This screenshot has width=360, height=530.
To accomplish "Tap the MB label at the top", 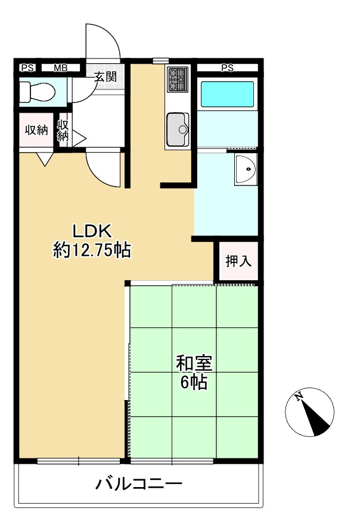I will (60, 68).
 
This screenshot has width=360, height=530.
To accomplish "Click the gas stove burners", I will (178, 80).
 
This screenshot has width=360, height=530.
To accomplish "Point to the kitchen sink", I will (178, 128).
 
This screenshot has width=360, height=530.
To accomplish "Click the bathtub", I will (227, 94).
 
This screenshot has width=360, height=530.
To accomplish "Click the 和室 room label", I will (194, 362).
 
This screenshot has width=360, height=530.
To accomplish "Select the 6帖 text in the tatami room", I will (194, 382).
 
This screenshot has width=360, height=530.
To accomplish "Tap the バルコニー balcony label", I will (139, 483).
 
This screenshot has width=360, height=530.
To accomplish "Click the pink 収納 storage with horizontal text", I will (36, 131).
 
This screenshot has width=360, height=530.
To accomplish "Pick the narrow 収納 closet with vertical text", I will (63, 131).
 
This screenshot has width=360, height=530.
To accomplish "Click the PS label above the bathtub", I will (227, 68).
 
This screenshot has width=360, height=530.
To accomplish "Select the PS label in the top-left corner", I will (27, 68).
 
